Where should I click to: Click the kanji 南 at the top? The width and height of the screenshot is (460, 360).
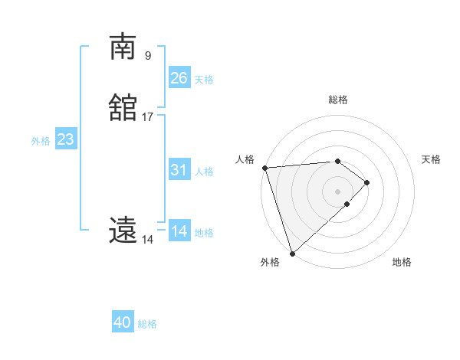123,47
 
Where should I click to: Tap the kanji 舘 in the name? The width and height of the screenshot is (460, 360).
123,109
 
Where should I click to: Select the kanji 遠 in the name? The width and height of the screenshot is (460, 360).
123,230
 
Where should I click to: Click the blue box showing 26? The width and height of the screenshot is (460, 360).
179,77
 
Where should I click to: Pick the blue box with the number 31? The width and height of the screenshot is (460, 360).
179,170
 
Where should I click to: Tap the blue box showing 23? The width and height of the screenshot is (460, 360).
66,139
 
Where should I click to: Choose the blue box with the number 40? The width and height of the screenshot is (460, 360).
123,322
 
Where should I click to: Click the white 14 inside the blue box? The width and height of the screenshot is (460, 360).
179,231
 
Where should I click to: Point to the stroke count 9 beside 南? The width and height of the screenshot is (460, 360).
148,55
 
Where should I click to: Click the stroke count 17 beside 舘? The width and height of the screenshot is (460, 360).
148,117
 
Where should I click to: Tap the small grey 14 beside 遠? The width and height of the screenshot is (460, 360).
147,240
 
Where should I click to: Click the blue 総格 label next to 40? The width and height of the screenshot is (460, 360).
147,324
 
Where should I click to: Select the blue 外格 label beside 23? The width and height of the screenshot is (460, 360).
41,141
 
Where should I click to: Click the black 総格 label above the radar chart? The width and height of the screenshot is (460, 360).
338,100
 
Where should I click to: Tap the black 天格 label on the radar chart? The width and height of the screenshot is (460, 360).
431,159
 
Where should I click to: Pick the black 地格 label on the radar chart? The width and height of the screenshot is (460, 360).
402,262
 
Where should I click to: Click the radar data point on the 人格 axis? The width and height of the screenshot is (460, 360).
264,168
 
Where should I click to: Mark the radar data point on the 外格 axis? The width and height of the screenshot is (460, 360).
292,252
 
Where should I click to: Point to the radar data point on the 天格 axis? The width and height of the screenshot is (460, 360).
367,182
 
